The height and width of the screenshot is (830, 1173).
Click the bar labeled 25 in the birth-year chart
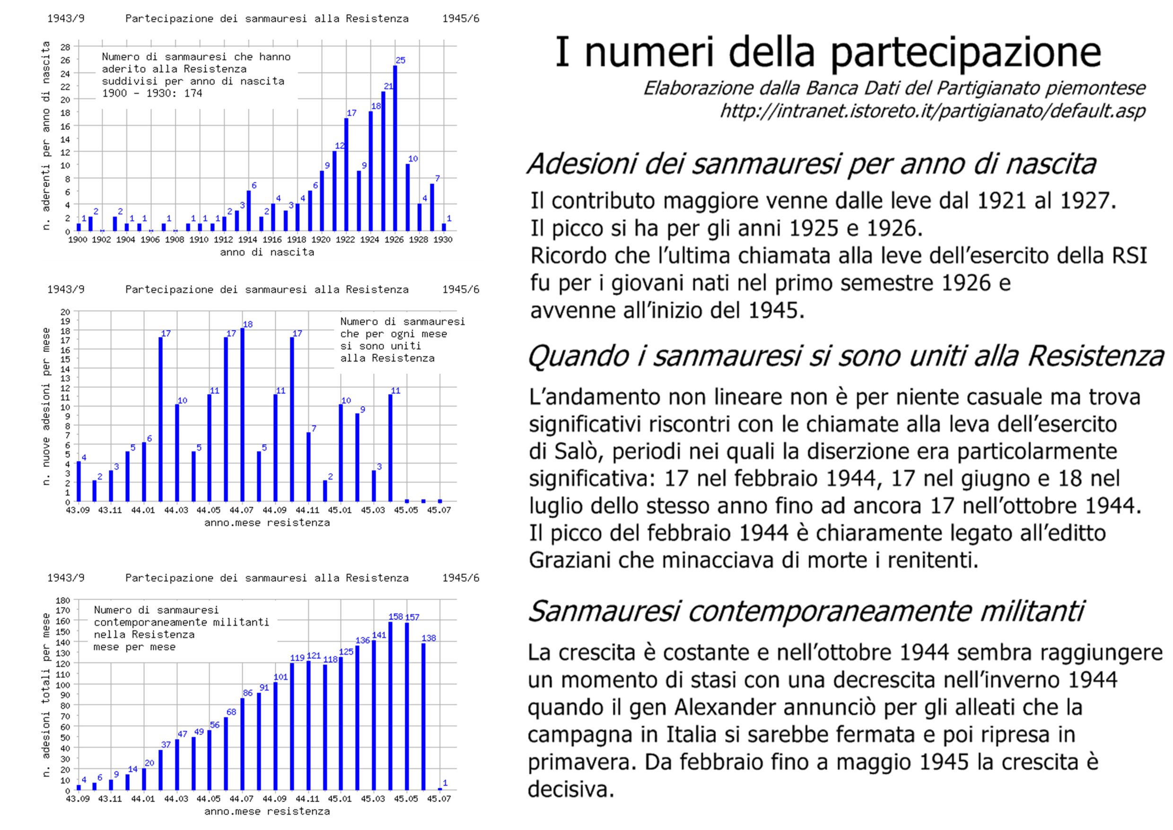pyautogui.click(x=395, y=148)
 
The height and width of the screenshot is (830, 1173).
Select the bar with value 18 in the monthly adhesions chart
pyautogui.click(x=242, y=415)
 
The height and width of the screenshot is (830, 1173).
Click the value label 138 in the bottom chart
pyautogui.click(x=429, y=638)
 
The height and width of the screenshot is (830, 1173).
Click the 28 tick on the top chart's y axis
pyautogui.click(x=65, y=47)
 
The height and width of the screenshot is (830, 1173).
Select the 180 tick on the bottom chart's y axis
pyautogui.click(x=63, y=600)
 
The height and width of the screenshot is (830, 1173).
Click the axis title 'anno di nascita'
pyautogui.click(x=267, y=252)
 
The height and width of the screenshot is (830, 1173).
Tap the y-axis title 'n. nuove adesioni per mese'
pyautogui.click(x=46, y=406)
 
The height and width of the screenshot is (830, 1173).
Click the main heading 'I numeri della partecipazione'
pyautogui.click(x=827, y=53)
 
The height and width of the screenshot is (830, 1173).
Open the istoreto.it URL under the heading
pyautogui.click(x=932, y=111)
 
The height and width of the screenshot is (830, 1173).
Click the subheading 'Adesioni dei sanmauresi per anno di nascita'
pyautogui.click(x=811, y=164)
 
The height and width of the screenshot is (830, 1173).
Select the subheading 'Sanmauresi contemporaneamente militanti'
pyautogui.click(x=805, y=611)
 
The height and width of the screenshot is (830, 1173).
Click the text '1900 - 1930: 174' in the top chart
pyautogui.click(x=152, y=94)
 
